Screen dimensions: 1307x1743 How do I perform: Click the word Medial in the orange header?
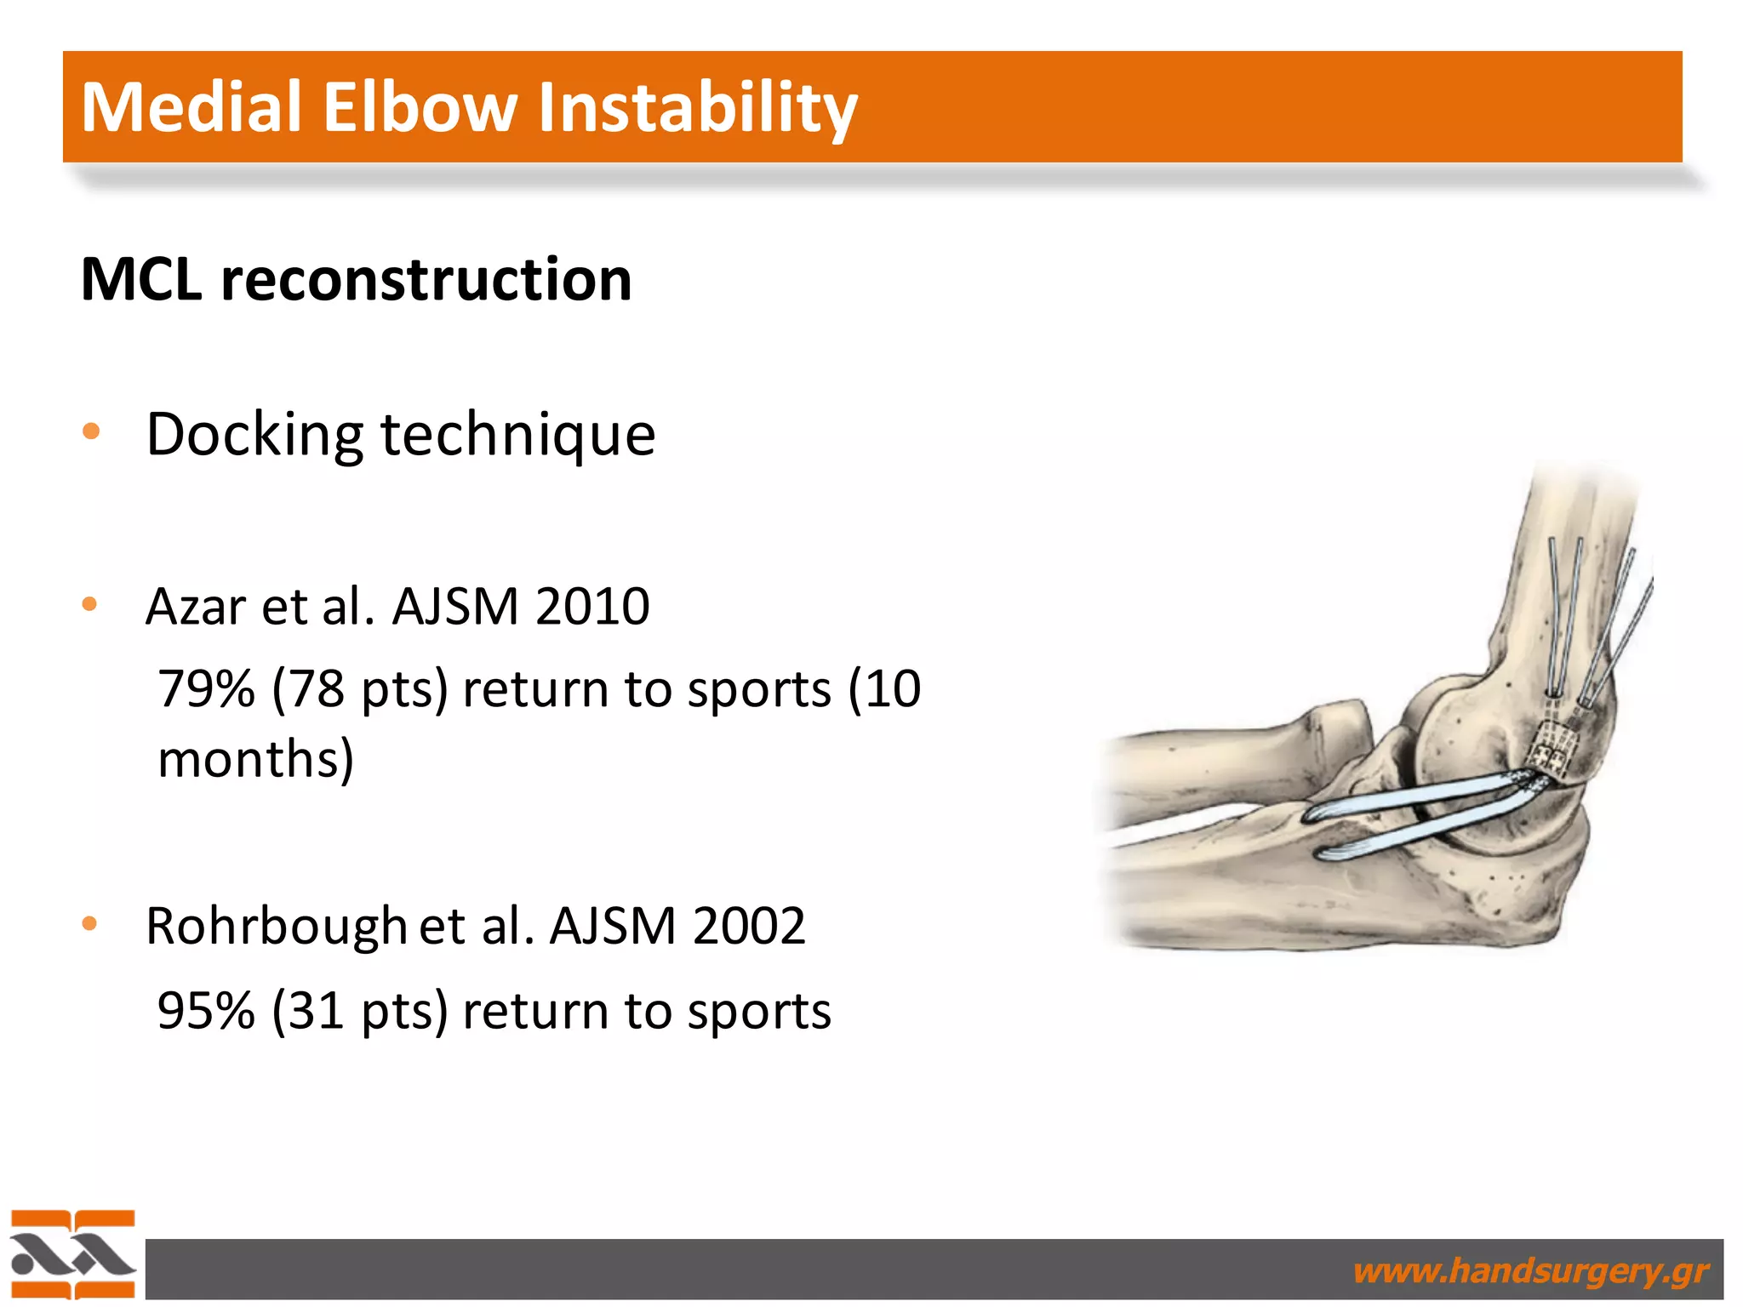point(191,107)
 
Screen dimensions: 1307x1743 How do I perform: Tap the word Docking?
point(254,434)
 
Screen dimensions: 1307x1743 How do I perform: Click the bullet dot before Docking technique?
point(91,431)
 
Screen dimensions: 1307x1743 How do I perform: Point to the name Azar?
point(195,607)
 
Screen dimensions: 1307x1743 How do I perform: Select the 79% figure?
point(206,688)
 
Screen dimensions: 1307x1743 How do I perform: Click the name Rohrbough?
point(276,926)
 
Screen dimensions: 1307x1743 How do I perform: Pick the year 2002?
point(748,926)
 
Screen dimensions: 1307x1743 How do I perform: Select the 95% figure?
point(206,1011)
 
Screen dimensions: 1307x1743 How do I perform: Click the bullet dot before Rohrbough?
point(90,923)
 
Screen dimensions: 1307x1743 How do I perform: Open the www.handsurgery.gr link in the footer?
point(1530,1271)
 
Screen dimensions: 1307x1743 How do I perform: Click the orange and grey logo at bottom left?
point(72,1253)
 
